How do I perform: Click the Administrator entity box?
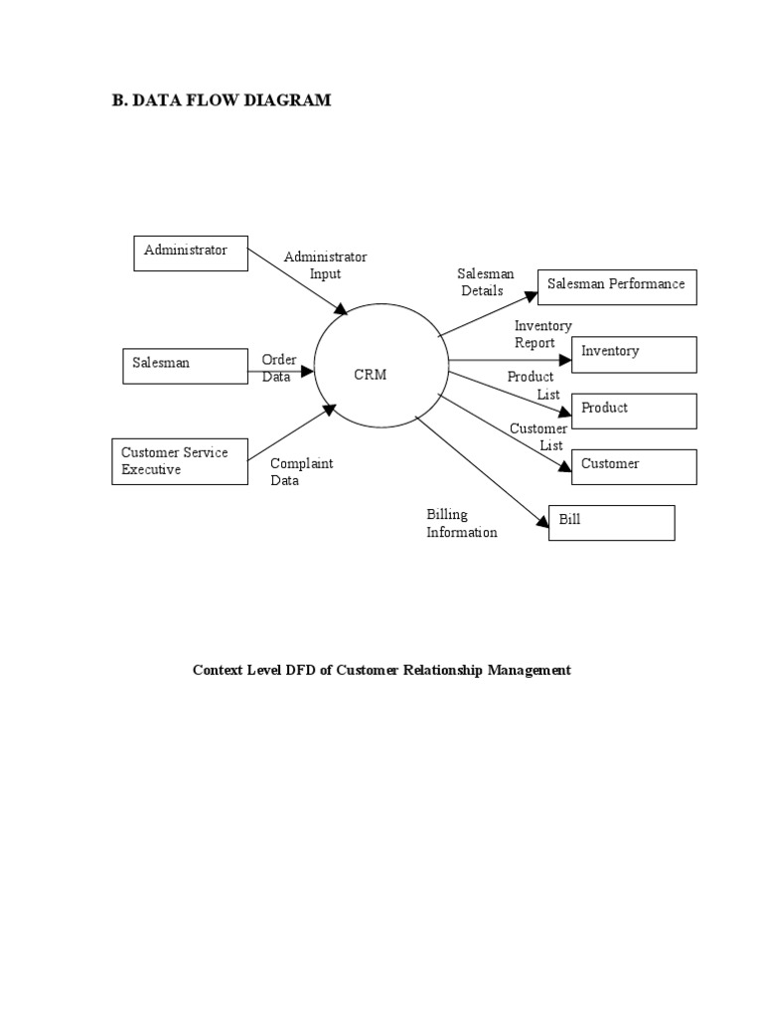(191, 253)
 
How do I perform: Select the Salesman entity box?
(185, 365)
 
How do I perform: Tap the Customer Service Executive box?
(180, 462)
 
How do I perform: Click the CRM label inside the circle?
(370, 375)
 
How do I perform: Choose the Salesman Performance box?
(617, 285)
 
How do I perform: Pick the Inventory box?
(634, 353)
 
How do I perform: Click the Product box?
(634, 410)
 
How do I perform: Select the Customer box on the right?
(634, 465)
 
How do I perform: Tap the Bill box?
(611, 522)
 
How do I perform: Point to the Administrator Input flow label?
(325, 265)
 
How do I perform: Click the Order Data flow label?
(279, 368)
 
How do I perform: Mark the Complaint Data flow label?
(301, 472)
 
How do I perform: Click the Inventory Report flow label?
(541, 335)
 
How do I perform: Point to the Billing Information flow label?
(461, 523)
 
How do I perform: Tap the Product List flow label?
(534, 386)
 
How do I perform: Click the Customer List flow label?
(538, 437)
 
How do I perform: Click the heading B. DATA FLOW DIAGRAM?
(222, 100)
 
